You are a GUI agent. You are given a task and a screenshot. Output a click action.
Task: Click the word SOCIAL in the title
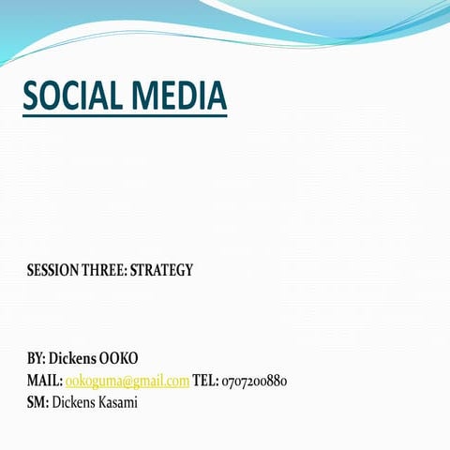coord(72,95)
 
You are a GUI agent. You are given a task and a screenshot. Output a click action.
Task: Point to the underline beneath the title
coord(125,116)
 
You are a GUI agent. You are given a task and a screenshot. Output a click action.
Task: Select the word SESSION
coord(52,270)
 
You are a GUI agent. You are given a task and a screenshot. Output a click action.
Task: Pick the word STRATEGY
coord(161,270)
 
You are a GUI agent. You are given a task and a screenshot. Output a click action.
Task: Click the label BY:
coord(37,358)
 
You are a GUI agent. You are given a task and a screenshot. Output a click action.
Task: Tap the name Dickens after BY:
coord(72,358)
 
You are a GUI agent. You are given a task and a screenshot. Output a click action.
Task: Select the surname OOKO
coord(118,358)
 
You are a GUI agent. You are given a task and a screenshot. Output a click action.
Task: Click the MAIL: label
coord(45,381)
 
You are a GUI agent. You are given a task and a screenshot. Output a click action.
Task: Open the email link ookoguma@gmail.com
coord(127,382)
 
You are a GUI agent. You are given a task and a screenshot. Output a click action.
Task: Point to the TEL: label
coord(205,381)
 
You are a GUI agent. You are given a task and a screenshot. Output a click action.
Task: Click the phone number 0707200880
coord(254,382)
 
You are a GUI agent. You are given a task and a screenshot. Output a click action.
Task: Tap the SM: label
coord(37,402)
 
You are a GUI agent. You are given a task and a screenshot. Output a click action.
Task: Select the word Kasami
coord(118,402)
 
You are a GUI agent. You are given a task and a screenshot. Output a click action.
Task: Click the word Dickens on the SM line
coord(74,402)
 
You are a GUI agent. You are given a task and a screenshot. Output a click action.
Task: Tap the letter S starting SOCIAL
coord(31,95)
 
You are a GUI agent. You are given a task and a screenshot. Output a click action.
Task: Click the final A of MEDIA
coord(217,95)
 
